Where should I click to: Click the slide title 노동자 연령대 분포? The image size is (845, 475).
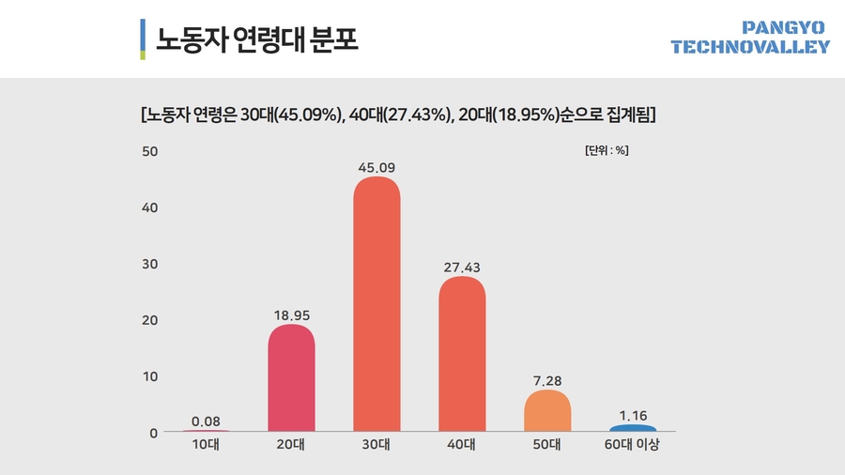pyautogui.click(x=258, y=39)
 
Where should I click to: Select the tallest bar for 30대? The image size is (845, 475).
pyautogui.click(x=376, y=305)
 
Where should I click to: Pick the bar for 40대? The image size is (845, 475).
pyautogui.click(x=462, y=355)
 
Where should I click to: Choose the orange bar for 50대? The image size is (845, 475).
pyautogui.click(x=547, y=411)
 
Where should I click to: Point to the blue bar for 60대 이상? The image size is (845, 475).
pyautogui.click(x=633, y=428)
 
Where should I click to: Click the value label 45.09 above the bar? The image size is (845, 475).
pyautogui.click(x=376, y=168)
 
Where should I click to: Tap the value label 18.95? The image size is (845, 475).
pyautogui.click(x=291, y=315)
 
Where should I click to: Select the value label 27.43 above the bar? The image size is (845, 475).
pyautogui.click(x=462, y=268)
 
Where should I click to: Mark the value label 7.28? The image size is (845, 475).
pyautogui.click(x=547, y=381)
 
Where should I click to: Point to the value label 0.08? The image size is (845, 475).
pyautogui.click(x=206, y=421)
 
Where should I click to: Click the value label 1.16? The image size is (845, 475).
pyautogui.click(x=633, y=415)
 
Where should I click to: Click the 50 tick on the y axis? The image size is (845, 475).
pyautogui.click(x=148, y=151)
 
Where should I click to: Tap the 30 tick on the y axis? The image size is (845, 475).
pyautogui.click(x=148, y=264)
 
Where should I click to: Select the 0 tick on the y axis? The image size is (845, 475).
pyautogui.click(x=152, y=433)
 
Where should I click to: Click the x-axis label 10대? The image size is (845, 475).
pyautogui.click(x=206, y=446)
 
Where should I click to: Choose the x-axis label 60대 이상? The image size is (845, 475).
pyautogui.click(x=633, y=446)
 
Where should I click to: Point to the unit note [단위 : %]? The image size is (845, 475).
pyautogui.click(x=607, y=151)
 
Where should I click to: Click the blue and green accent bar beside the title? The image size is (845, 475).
pyautogui.click(x=142, y=39)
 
